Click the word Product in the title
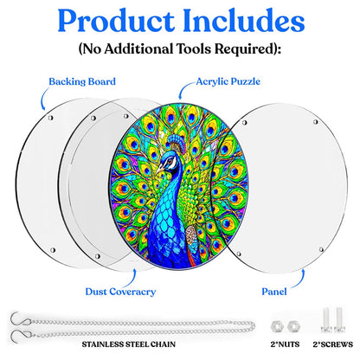pyautogui.click(x=115, y=21)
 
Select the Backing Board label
pyautogui.click(x=82, y=81)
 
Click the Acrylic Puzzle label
pyautogui.click(x=228, y=81)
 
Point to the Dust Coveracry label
pyautogui.click(x=120, y=292)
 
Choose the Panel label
pyautogui.click(x=274, y=292)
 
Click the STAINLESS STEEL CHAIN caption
pyautogui.click(x=129, y=344)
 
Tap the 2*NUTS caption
pyautogui.click(x=285, y=344)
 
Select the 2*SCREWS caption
pyautogui.click(x=333, y=344)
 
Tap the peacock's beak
pyautogui.click(x=159, y=168)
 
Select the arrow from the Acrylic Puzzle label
pyautogui.click(x=184, y=88)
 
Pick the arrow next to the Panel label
pyautogui.click(x=300, y=280)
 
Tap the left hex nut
pyautogui.click(x=277, y=326)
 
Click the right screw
pyautogui.click(x=339, y=319)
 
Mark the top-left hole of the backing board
pyautogui.click(x=50, y=118)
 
